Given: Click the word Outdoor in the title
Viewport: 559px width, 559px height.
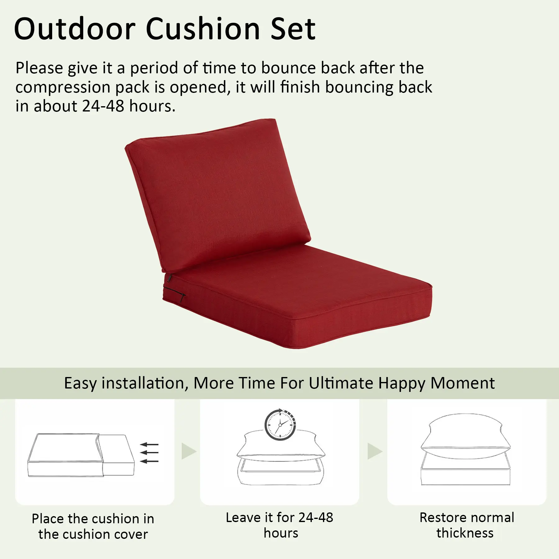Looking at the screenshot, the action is click(x=75, y=29).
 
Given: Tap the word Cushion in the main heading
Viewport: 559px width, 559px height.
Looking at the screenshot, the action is click(x=203, y=29).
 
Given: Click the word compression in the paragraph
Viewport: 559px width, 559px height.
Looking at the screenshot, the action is click(x=63, y=88).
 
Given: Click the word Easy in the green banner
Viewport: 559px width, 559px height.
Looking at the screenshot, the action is click(x=80, y=383).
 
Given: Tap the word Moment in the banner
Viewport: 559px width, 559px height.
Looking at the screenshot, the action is click(x=463, y=383).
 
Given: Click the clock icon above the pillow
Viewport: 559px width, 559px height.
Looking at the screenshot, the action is click(x=280, y=425).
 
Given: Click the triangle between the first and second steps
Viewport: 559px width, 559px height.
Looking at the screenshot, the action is click(x=189, y=451).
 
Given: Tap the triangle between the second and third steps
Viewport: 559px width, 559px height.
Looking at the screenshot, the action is click(x=375, y=451).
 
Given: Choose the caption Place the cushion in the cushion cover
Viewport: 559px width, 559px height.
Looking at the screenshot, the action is click(x=93, y=526).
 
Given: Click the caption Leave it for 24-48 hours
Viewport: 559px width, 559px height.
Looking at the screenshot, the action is click(x=280, y=525).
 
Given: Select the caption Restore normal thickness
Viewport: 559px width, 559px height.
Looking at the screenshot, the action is click(x=467, y=525).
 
